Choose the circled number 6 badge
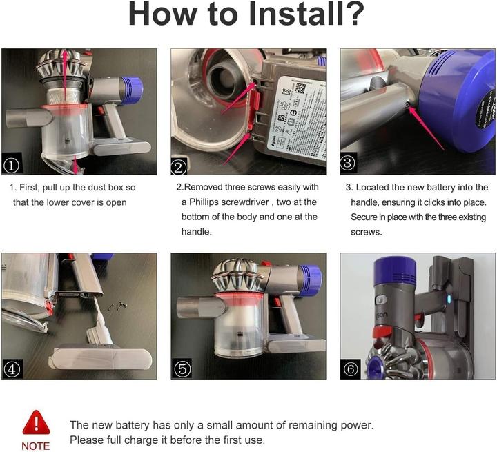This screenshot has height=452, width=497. click(351, 369)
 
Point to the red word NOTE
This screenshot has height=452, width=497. click(35, 445)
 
